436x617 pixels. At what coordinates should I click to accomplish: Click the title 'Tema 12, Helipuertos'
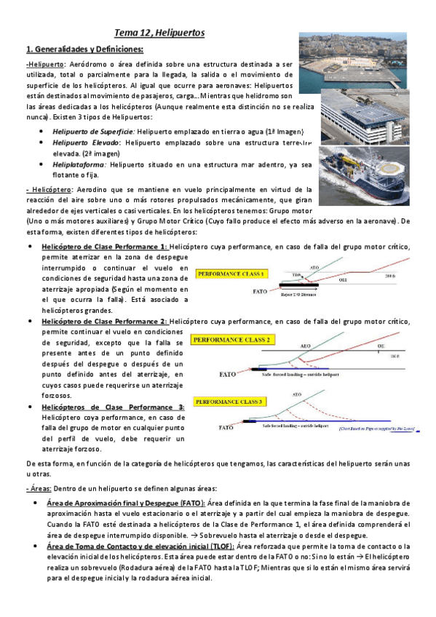[159, 33]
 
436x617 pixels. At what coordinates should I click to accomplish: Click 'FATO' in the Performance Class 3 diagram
[227, 428]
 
